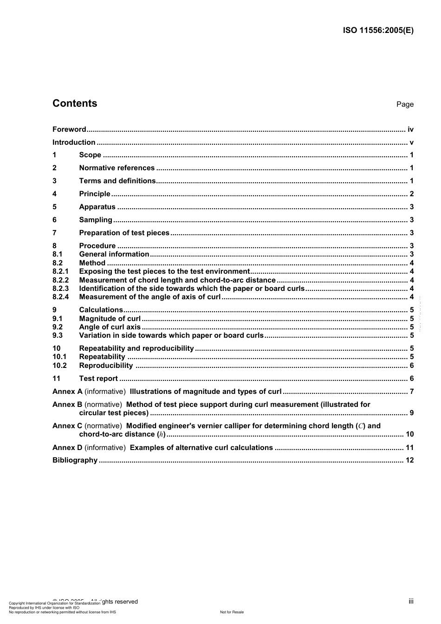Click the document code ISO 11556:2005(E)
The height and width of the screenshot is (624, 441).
(378, 31)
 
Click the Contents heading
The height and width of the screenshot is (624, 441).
(75, 103)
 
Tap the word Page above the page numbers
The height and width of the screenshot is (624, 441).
(405, 104)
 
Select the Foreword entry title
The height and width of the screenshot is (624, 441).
(69, 129)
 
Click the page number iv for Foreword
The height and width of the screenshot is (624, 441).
(410, 129)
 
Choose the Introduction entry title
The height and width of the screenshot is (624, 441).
(74, 142)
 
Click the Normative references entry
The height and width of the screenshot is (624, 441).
(117, 168)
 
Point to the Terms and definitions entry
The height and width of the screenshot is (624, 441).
(117, 181)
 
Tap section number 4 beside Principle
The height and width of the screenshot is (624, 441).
(55, 194)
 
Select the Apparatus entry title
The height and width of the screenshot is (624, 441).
(97, 207)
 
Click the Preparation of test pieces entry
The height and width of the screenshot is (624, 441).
(124, 233)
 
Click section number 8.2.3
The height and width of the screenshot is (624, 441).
(60, 289)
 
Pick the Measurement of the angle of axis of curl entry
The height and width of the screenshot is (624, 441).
(149, 297)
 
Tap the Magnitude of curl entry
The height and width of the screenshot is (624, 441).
(110, 319)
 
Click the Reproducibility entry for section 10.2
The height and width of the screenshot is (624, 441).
(105, 366)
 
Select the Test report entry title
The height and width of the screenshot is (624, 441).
(98, 379)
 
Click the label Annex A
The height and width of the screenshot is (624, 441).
(67, 392)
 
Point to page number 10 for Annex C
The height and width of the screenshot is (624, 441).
(409, 434)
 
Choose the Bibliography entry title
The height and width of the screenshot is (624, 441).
(75, 460)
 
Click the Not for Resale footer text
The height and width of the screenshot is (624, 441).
(232, 612)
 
